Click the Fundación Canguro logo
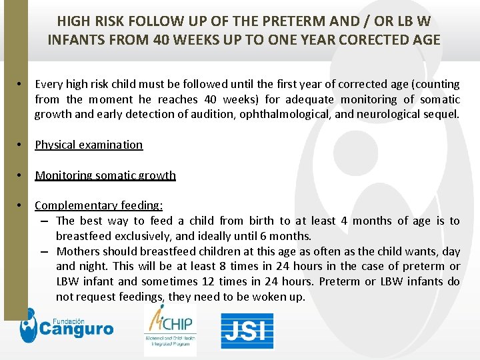(x=66, y=327)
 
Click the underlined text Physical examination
(x=89, y=145)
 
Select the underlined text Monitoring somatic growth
(x=105, y=175)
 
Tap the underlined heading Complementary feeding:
(x=99, y=205)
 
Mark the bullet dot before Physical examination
(x=21, y=145)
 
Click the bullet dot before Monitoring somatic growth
(x=21, y=175)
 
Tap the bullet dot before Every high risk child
(x=21, y=84)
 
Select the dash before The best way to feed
(x=43, y=221)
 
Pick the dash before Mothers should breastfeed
(x=43, y=251)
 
